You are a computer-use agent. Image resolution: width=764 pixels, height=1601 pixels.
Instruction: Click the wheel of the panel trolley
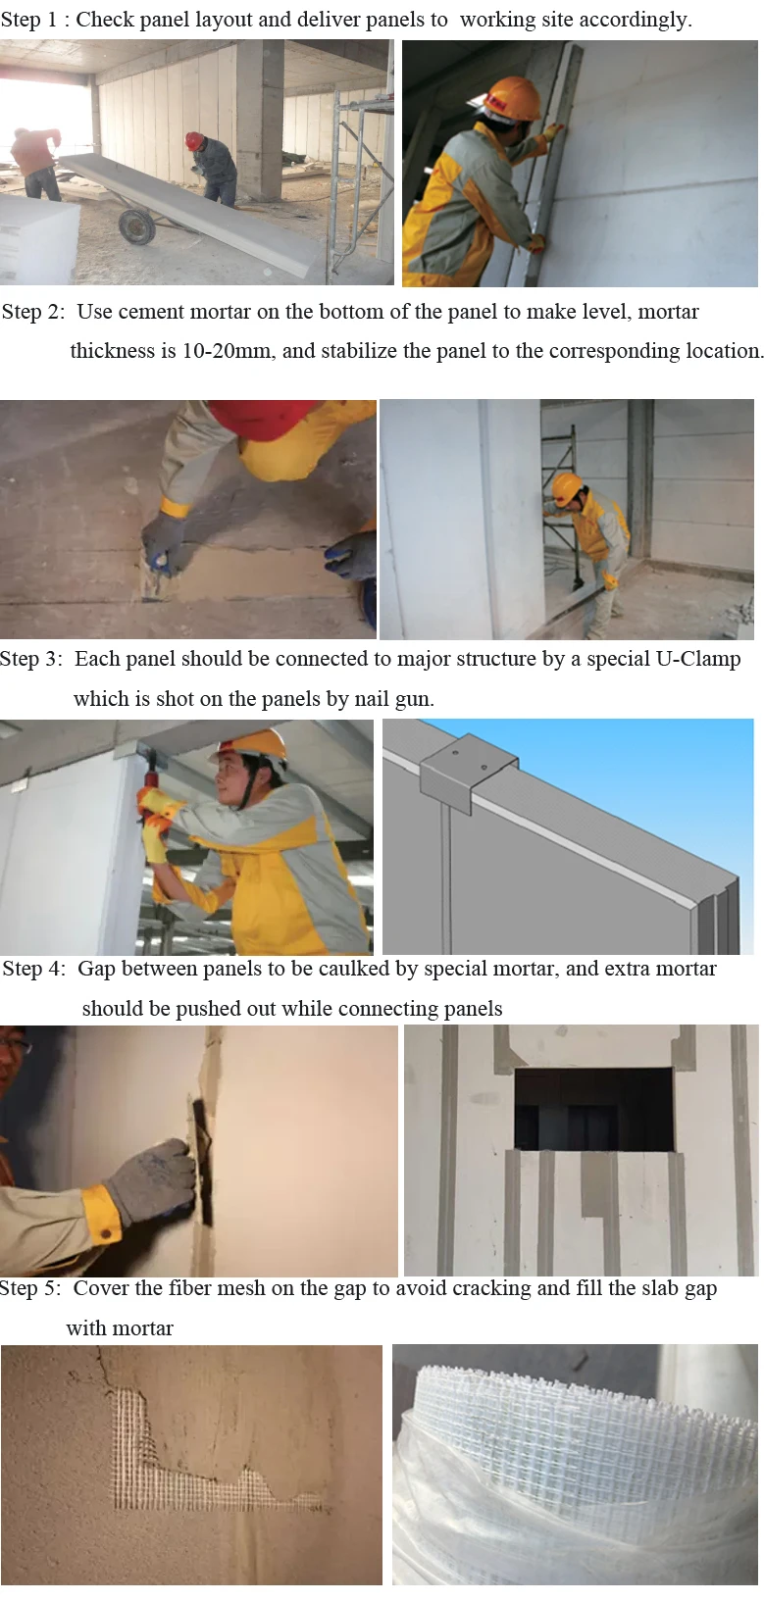136,226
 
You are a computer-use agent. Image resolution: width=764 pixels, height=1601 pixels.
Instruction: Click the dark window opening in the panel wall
593,1109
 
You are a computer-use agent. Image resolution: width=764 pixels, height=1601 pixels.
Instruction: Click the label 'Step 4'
33,970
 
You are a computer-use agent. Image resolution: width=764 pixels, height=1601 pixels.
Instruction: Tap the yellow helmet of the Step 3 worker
259,745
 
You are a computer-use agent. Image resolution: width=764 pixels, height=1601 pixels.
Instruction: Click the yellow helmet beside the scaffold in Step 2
567,485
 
